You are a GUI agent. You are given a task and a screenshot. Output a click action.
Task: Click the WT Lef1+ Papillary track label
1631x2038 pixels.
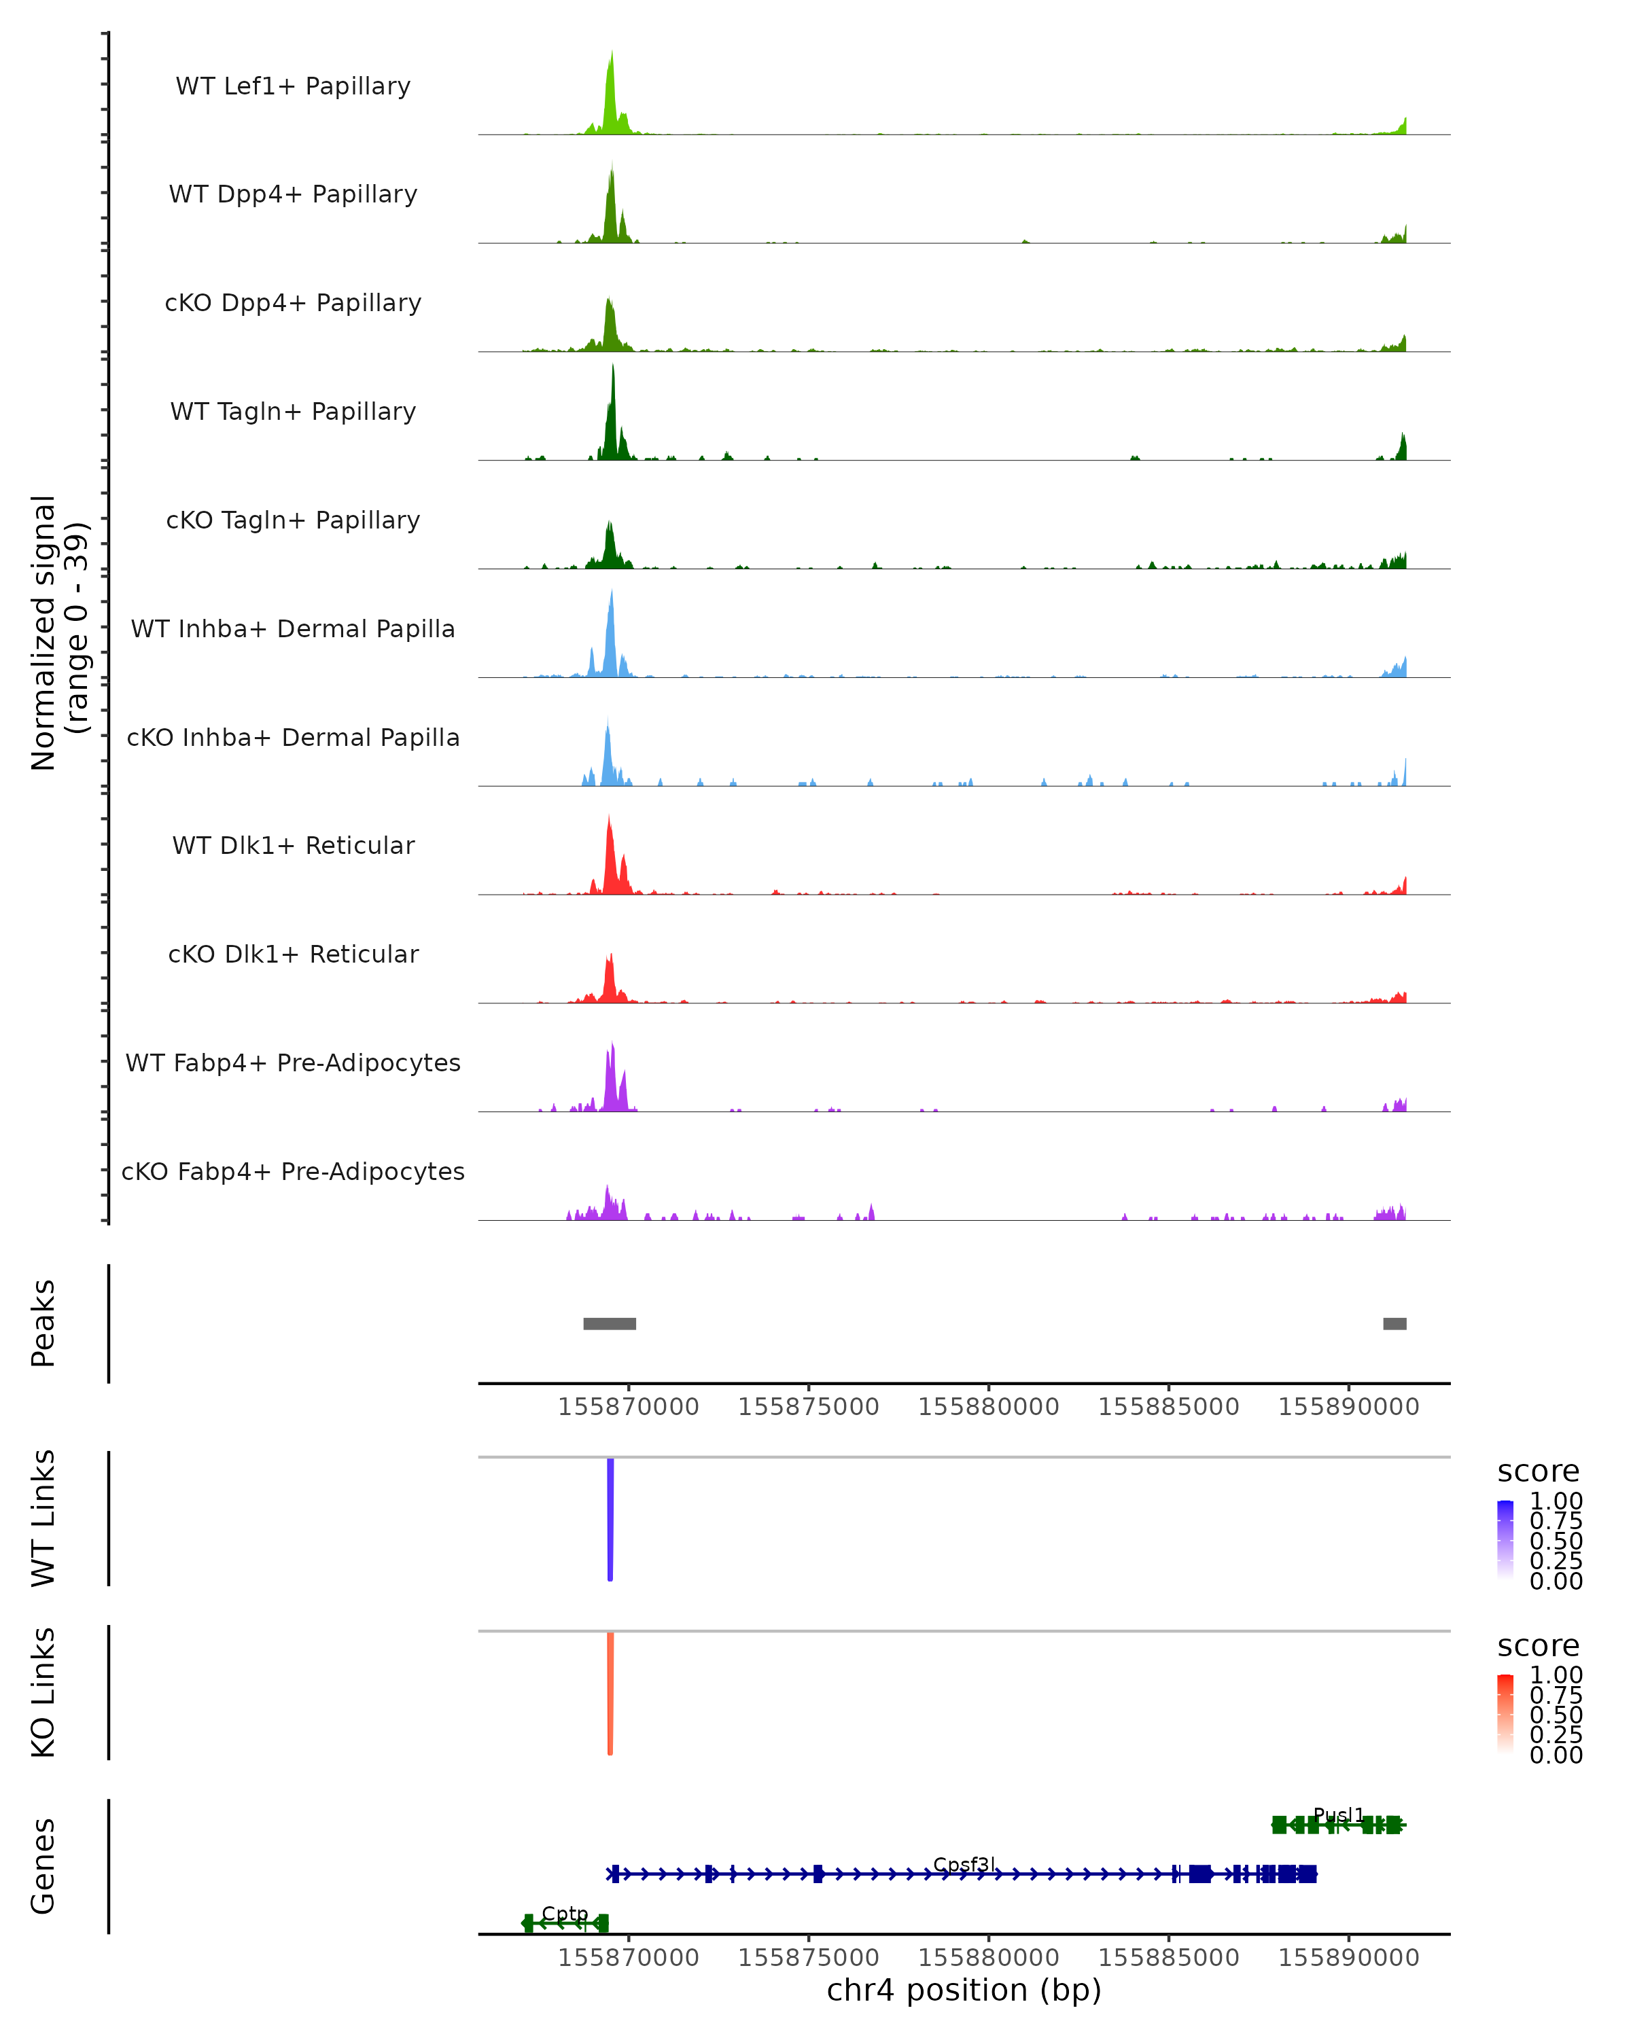click(x=293, y=86)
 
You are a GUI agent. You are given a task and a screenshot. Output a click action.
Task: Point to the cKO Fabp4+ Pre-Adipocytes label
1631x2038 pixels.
click(x=293, y=1171)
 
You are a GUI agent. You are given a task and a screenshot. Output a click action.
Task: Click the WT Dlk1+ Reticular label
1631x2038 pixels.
click(x=293, y=845)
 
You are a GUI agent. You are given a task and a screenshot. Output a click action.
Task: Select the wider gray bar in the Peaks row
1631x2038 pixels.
click(x=610, y=1323)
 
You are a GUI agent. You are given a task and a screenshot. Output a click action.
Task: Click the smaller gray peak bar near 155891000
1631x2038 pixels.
click(x=1395, y=1323)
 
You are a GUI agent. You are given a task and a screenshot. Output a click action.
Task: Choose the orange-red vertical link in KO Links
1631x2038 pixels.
click(x=610, y=1693)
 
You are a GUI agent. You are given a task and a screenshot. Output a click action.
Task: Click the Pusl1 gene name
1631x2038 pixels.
click(x=1339, y=1815)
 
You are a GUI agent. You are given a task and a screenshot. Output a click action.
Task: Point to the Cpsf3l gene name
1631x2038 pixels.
click(x=964, y=1864)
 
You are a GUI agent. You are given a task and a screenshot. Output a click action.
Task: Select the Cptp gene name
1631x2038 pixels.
click(x=565, y=1913)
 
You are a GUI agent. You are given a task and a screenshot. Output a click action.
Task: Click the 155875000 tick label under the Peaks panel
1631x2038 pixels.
click(x=809, y=1407)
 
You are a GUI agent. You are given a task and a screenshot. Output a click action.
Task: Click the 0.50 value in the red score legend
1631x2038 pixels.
click(x=1556, y=1715)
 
